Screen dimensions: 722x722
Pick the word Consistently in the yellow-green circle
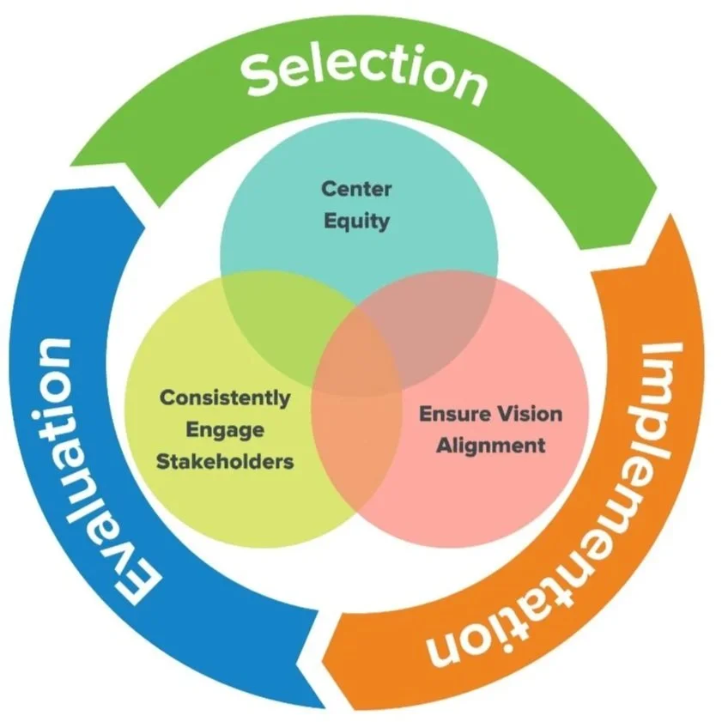(225, 398)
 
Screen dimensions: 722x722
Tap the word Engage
(225, 429)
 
